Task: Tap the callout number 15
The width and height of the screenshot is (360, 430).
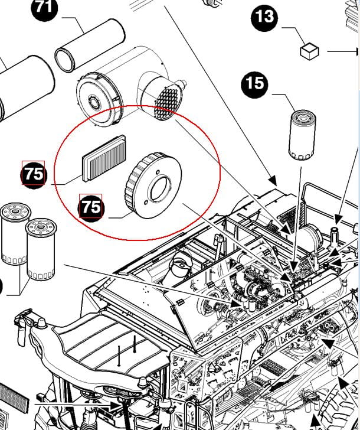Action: click(254, 83)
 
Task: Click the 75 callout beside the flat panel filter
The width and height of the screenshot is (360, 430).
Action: click(34, 174)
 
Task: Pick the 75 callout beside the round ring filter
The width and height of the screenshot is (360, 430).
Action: click(91, 207)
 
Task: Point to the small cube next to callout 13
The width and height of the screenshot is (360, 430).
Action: click(309, 51)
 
